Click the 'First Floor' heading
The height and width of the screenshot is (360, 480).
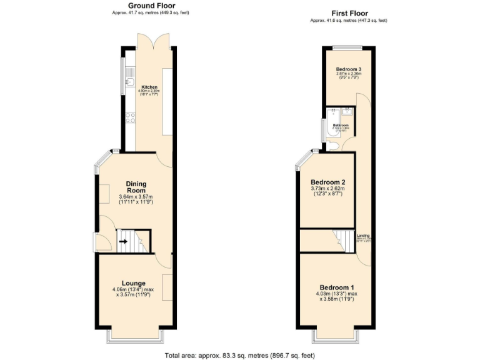pyautogui.click(x=348, y=13)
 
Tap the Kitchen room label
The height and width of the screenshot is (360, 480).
pyautogui.click(x=149, y=87)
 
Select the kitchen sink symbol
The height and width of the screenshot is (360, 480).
pyautogui.click(x=131, y=81)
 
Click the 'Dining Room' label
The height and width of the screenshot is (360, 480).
pyautogui.click(x=136, y=187)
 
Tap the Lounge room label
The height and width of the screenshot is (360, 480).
pyautogui.click(x=134, y=283)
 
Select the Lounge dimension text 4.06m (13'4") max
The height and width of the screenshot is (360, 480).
pyautogui.click(x=134, y=289)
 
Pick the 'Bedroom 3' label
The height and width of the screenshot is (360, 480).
pyautogui.click(x=349, y=69)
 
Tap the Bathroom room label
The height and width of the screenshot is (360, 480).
pyautogui.click(x=341, y=126)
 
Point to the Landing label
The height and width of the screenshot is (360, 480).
pyautogui.click(x=363, y=235)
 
